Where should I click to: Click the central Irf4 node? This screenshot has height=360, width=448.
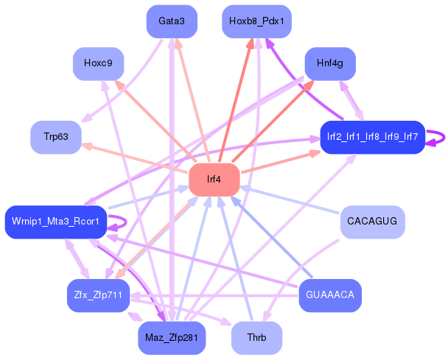tap(214, 180)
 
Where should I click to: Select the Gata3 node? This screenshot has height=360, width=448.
tap(172, 21)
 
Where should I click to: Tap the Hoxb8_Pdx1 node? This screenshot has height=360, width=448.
tap(257, 21)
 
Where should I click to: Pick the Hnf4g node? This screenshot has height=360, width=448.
tap(330, 63)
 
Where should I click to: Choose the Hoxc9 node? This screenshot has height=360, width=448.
tap(98, 63)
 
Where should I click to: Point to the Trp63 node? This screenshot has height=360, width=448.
tap(55, 138)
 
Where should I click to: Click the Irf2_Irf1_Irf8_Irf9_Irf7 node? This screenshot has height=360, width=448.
tap(371, 137)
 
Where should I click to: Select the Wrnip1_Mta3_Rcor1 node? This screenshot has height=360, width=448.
tap(56, 222)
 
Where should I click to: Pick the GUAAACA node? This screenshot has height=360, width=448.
tap(329, 296)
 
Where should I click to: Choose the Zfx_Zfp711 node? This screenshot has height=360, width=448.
tap(98, 296)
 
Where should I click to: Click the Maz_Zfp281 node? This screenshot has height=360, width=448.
tap(172, 338)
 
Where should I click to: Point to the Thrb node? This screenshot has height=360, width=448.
tap(256, 338)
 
